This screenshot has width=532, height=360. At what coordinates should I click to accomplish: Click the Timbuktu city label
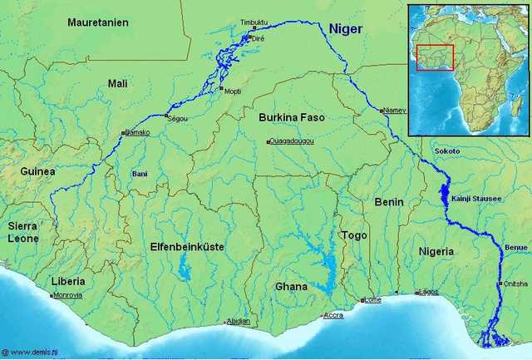[254, 22]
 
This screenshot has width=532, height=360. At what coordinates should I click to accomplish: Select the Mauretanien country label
[98, 22]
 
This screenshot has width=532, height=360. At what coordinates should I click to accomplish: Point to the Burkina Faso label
[291, 117]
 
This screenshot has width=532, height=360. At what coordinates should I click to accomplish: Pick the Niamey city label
[395, 111]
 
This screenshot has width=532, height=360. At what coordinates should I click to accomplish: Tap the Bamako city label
[136, 132]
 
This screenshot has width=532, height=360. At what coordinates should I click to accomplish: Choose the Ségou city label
[178, 119]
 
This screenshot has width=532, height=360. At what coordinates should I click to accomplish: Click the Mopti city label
[232, 91]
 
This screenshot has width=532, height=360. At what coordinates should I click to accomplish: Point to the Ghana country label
[291, 286]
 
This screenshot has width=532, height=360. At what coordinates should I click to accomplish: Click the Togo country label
[354, 235]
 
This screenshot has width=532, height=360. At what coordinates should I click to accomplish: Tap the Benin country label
[389, 202]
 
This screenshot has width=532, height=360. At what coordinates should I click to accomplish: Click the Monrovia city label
[68, 295]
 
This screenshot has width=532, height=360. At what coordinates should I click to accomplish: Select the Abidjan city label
[239, 322]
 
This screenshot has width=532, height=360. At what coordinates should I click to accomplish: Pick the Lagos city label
[429, 292]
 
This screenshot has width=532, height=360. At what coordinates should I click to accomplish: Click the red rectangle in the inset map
[435, 57]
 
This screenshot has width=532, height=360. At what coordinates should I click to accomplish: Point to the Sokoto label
[447, 152]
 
